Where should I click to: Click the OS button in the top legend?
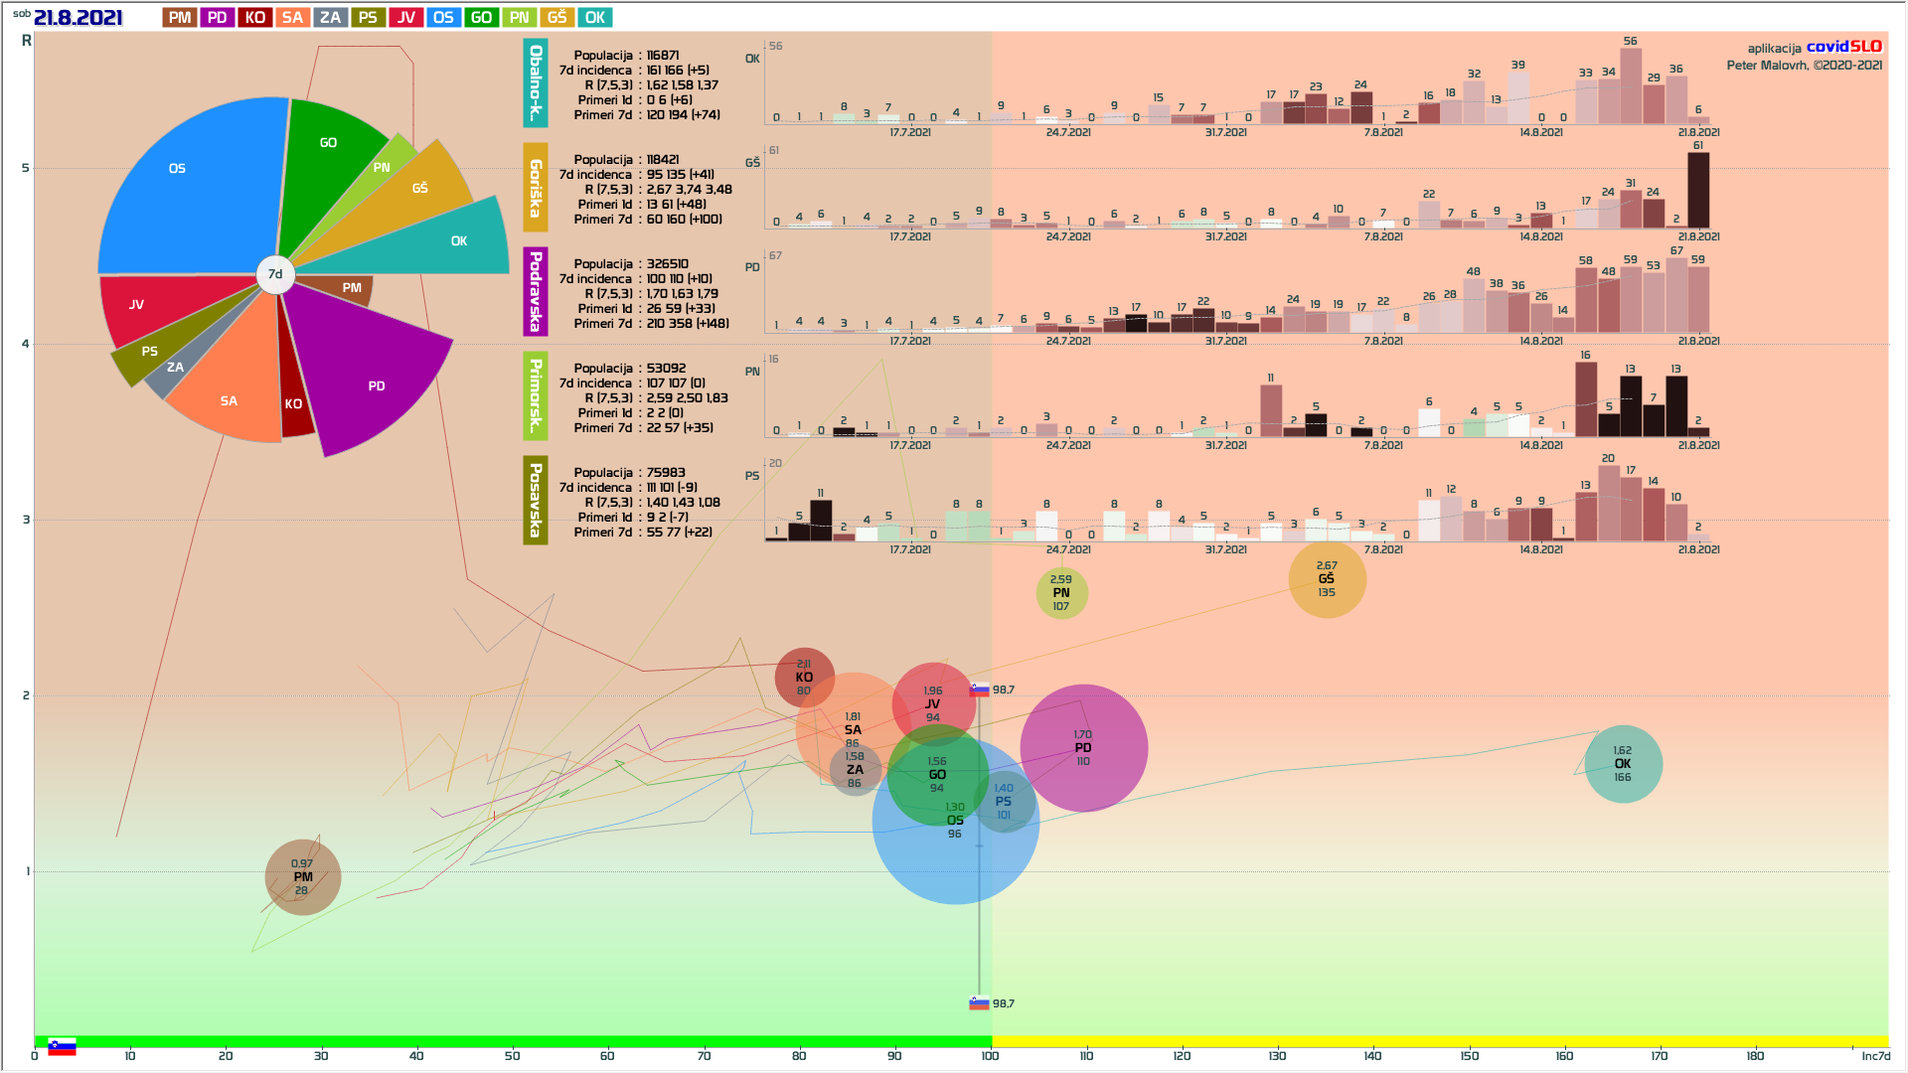pyautogui.click(x=443, y=18)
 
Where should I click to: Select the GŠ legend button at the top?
pyautogui.click(x=556, y=18)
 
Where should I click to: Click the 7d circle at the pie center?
pyautogui.click(x=275, y=274)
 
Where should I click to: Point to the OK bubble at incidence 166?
pyautogui.click(x=1622, y=764)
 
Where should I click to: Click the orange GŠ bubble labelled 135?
pyautogui.click(x=1327, y=579)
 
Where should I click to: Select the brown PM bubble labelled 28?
pyautogui.click(x=302, y=877)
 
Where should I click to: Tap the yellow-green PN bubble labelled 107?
pyautogui.click(x=1061, y=593)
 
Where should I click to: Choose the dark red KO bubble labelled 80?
pyautogui.click(x=804, y=678)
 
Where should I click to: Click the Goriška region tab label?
pyautogui.click(x=536, y=188)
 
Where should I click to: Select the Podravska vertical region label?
pyautogui.click(x=536, y=291)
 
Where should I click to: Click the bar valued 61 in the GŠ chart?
pyautogui.click(x=1697, y=190)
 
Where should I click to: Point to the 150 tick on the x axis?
pyautogui.click(x=1469, y=1056)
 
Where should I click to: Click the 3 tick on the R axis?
pyautogui.click(x=26, y=520)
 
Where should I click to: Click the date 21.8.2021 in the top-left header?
pyautogui.click(x=78, y=18)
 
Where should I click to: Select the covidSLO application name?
pyautogui.click(x=1843, y=47)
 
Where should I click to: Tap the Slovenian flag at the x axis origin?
pyautogui.click(x=62, y=1047)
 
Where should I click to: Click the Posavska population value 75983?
pyautogui.click(x=666, y=473)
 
